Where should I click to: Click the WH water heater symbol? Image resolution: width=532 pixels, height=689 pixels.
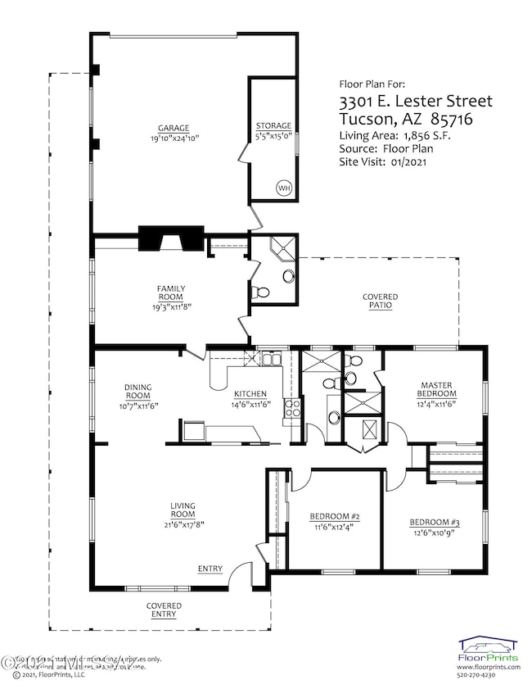[x=284, y=188]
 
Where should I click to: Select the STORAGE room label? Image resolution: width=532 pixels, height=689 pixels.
[x=273, y=125]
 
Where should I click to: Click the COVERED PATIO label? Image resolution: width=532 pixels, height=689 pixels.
[x=381, y=301]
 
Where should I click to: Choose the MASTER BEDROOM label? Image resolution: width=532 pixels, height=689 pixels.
[x=437, y=389]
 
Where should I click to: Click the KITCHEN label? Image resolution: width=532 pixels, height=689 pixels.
[x=249, y=393]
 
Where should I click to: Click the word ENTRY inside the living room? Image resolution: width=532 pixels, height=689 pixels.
[x=210, y=569]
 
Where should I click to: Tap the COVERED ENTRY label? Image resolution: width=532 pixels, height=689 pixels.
[x=164, y=610]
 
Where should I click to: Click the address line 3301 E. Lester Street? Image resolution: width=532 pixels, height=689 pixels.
[x=416, y=102]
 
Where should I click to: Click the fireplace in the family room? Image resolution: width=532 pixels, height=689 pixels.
[x=170, y=238]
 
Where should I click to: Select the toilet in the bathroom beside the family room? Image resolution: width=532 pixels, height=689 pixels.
[x=262, y=291]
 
